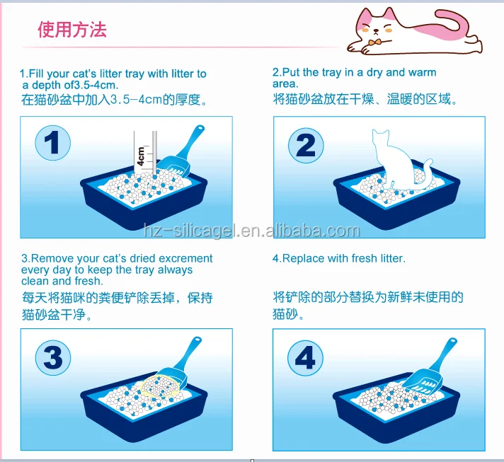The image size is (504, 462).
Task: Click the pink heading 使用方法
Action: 72,30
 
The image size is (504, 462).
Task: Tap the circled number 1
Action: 52,143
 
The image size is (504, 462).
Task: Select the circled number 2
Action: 306,145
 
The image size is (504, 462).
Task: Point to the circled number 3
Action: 53,357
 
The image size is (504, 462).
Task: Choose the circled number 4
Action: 305,357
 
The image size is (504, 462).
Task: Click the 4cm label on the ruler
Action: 141,156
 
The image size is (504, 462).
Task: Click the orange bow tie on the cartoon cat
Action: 374,42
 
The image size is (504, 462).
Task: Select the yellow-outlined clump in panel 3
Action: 161,385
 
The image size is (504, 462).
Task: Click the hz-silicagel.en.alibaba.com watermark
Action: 252,231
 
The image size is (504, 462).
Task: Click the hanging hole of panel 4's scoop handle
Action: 452,340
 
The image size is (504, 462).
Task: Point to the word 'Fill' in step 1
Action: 37,74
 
